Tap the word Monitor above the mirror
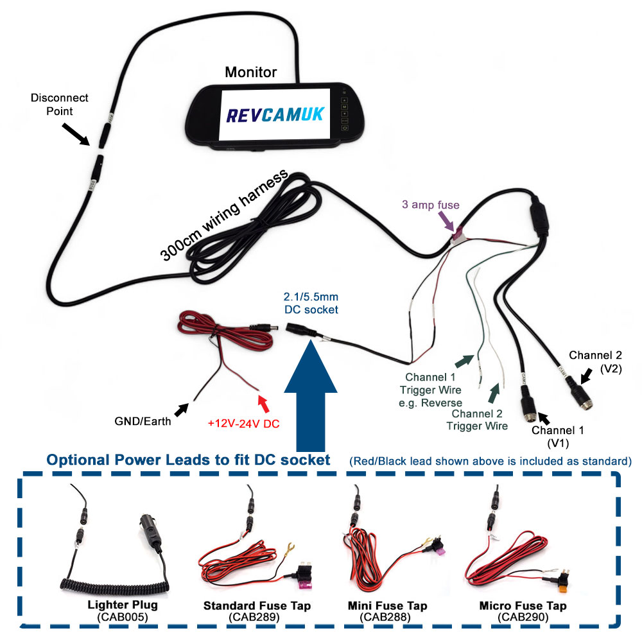click(x=250, y=72)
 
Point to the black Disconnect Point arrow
click(x=78, y=132)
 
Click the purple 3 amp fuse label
click(x=431, y=205)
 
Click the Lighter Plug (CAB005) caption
click(x=122, y=611)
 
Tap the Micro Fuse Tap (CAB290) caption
click(x=523, y=611)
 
